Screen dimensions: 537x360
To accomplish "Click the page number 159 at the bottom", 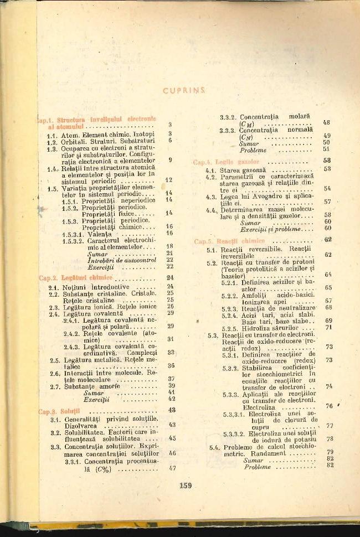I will coord(186,486).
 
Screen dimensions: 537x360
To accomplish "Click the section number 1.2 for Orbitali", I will coord(53,141).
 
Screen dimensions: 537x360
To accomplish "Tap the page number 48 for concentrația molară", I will coord(326,122).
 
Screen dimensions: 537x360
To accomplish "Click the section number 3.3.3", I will coord(228,130).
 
